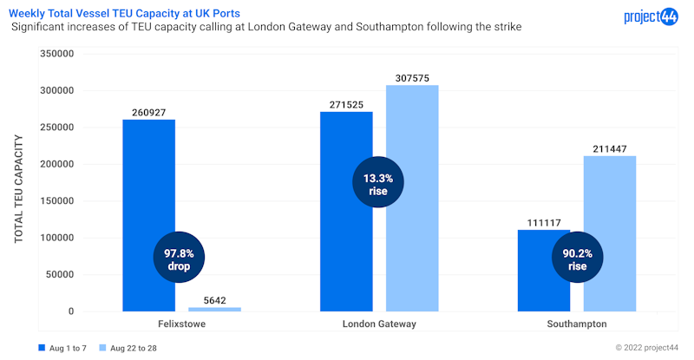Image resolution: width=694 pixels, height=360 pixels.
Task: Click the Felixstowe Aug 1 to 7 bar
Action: coord(148,191)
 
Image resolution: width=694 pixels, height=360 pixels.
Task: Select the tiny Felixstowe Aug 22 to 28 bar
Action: coord(214,309)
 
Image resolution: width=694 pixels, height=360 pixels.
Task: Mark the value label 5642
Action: coord(214,300)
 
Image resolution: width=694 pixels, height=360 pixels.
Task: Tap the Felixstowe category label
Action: coord(181,324)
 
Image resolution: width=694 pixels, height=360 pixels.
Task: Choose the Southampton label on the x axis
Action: coord(577,324)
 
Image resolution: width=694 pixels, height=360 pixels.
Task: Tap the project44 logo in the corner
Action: coord(650,16)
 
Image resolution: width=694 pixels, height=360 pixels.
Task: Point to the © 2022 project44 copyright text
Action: coord(646,348)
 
